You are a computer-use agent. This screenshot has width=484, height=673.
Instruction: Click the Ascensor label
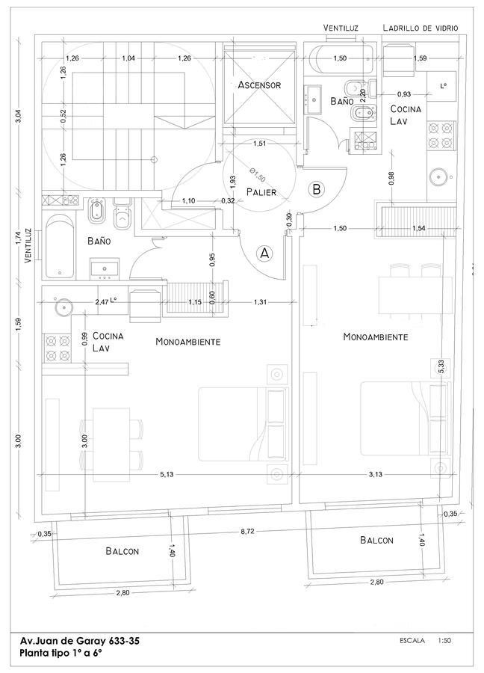tap(259, 85)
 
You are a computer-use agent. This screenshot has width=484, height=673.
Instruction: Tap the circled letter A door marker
tap(264, 253)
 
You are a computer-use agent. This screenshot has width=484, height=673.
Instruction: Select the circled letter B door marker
tap(317, 189)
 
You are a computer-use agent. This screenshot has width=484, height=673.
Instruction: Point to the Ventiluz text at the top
tap(341, 28)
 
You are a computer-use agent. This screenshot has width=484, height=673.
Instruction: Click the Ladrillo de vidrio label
tap(420, 28)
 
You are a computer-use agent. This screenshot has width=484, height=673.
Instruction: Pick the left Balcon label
tap(122, 552)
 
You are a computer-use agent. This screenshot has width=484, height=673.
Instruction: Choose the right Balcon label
tap(377, 540)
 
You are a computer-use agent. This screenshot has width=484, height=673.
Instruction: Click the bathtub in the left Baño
tap(59, 248)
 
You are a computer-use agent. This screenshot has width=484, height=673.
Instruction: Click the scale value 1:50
tap(445, 641)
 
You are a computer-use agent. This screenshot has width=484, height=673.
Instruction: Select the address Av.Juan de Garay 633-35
tap(80, 641)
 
